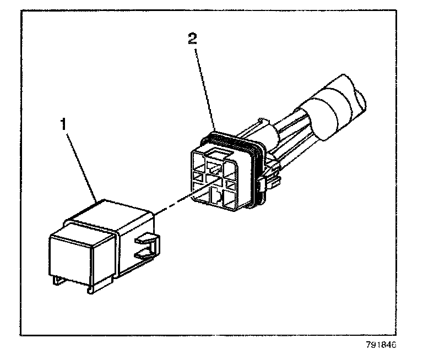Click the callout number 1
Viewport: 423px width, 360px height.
tap(64, 123)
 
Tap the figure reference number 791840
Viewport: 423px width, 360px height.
tap(381, 347)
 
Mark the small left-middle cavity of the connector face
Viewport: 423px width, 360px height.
tap(197, 178)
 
